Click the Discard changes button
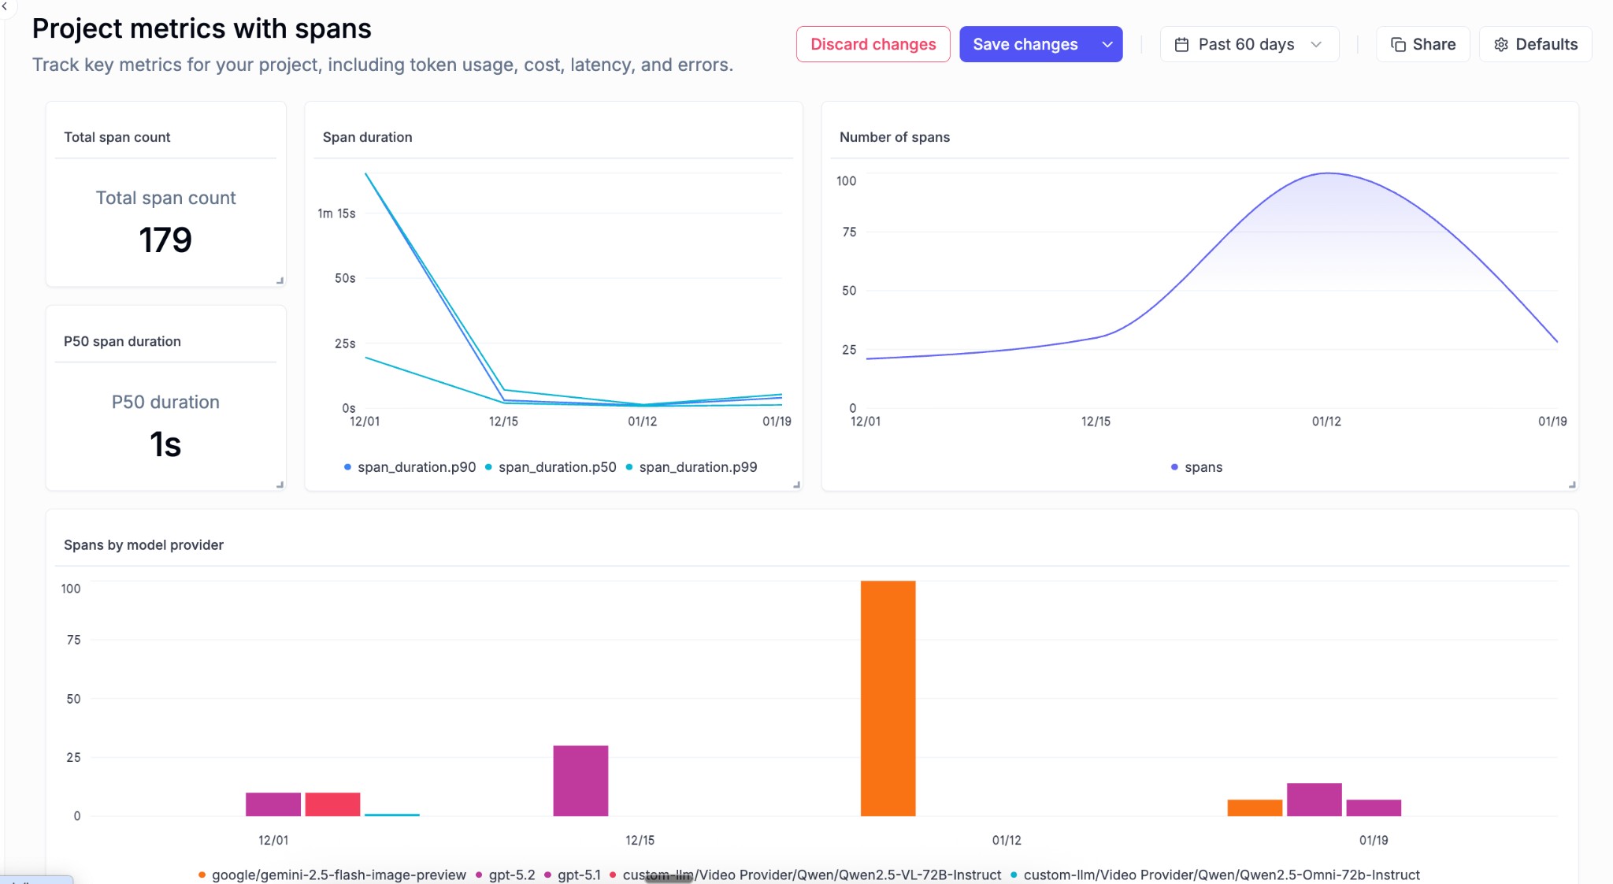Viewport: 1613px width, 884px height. [x=873, y=44]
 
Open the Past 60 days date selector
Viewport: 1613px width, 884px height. [x=1248, y=44]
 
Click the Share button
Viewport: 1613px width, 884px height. [x=1422, y=44]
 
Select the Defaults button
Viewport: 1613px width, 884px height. [x=1535, y=44]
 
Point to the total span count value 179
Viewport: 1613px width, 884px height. [x=165, y=240]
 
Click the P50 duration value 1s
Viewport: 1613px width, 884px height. [x=165, y=444]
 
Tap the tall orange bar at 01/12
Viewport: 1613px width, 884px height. [x=888, y=698]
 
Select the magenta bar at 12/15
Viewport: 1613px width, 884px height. [x=580, y=780]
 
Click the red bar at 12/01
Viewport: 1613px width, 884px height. [x=332, y=804]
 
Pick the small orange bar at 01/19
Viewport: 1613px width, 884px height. [x=1255, y=808]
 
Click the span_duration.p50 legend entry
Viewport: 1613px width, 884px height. [x=556, y=467]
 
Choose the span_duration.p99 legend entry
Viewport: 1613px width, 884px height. [x=697, y=467]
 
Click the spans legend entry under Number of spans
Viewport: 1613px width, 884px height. [x=1203, y=467]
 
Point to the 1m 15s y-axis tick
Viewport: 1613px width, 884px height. [x=336, y=214]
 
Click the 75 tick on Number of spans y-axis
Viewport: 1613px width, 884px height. [x=849, y=232]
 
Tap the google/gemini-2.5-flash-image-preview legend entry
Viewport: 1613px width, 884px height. [x=338, y=875]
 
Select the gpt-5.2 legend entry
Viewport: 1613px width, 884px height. [x=510, y=875]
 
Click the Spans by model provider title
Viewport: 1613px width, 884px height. [x=143, y=545]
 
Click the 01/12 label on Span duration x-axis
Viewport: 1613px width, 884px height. [x=642, y=422]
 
